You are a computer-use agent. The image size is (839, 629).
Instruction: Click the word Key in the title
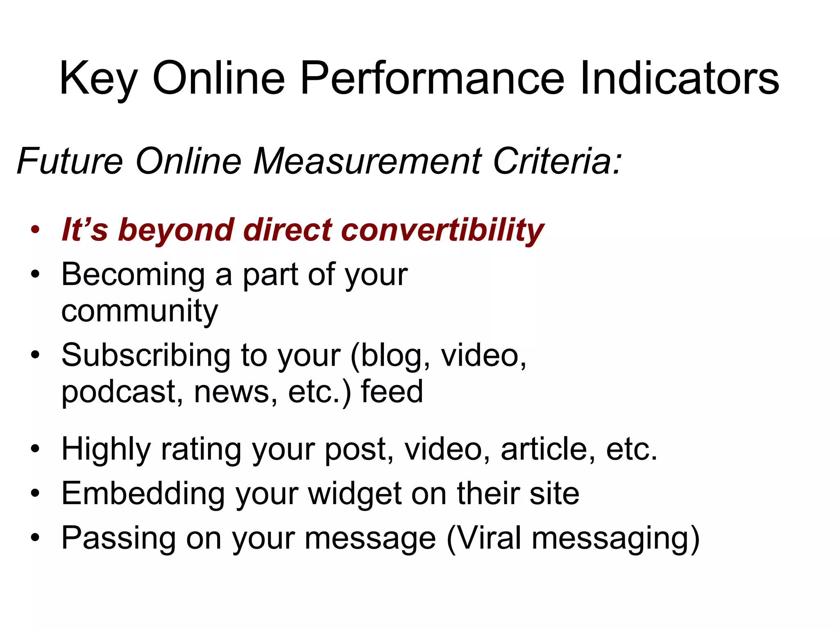(98, 79)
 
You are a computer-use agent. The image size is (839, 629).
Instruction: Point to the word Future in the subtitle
(70, 161)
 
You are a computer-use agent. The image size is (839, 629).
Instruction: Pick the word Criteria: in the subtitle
(558, 161)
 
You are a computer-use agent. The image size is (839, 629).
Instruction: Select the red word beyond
(176, 230)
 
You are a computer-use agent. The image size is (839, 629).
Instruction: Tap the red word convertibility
(442, 230)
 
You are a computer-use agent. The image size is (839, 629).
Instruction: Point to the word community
(139, 311)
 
